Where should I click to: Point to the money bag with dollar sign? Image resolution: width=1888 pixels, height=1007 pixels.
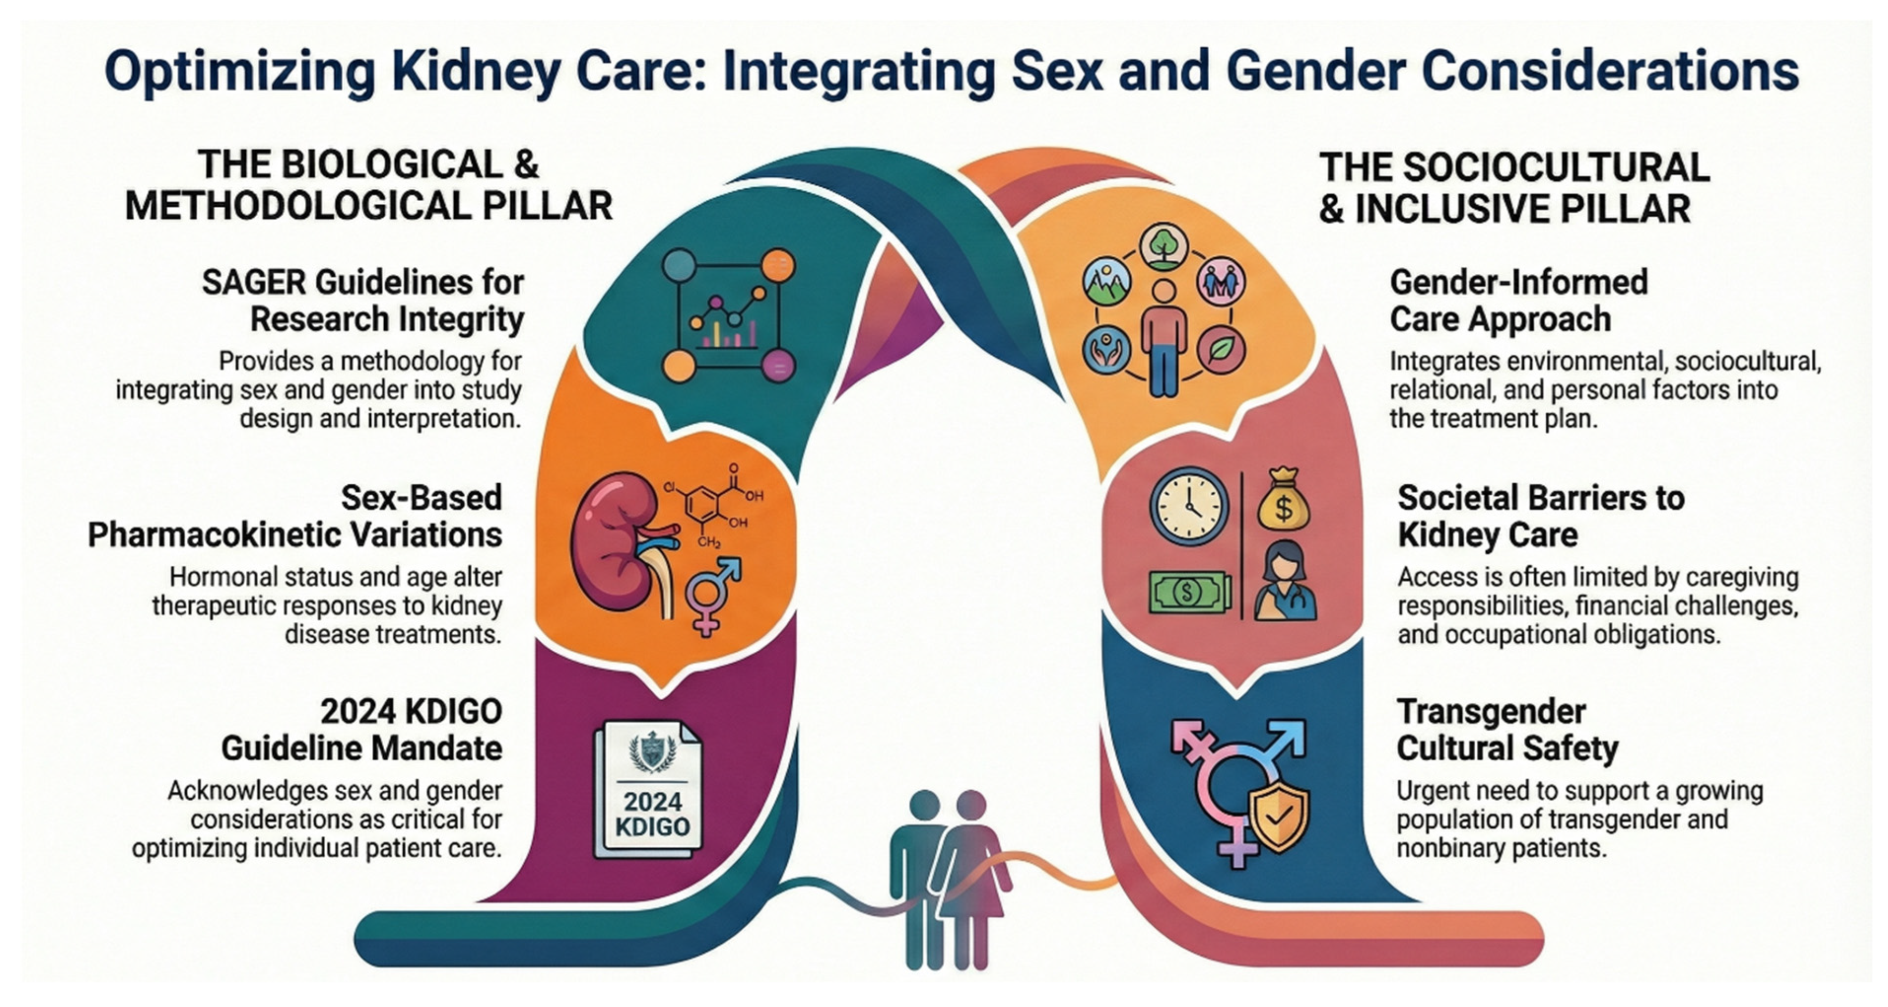[1283, 499]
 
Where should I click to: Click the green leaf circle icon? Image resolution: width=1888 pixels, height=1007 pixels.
[1220, 349]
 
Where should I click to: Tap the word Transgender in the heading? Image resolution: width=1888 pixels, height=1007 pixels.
[1491, 711]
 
